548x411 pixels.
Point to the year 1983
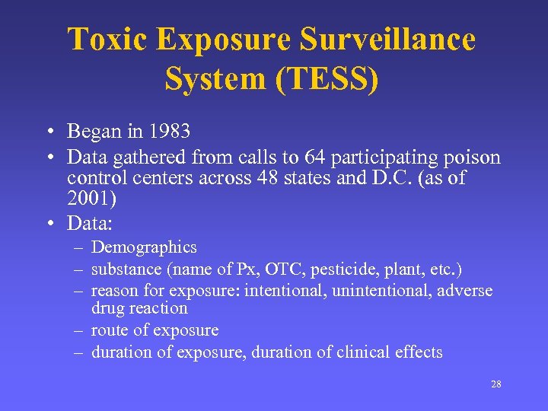click(170, 132)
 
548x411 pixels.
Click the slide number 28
click(495, 384)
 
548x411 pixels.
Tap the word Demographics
click(144, 247)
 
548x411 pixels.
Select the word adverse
click(466, 291)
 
